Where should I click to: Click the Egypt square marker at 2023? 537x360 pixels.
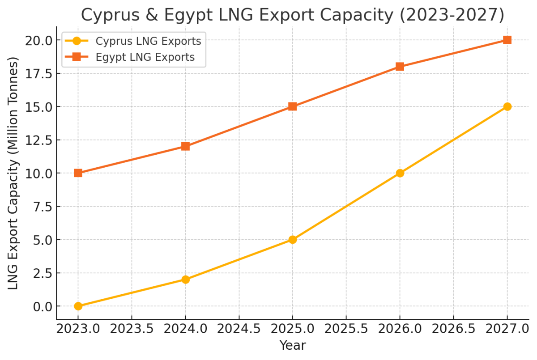(x=78, y=173)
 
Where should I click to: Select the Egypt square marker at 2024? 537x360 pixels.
(x=186, y=146)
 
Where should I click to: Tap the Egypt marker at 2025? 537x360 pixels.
(x=293, y=106)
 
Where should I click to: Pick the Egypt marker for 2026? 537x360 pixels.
(x=400, y=67)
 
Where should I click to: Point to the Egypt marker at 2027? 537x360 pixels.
(x=507, y=40)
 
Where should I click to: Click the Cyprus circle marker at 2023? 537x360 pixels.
(x=78, y=306)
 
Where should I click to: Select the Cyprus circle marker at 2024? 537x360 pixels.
(x=186, y=280)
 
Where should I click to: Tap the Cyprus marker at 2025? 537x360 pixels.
(x=293, y=240)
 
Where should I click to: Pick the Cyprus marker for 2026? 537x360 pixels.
(x=400, y=173)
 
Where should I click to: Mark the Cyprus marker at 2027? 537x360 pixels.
(x=507, y=106)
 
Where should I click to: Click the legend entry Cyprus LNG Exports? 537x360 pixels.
(x=148, y=41)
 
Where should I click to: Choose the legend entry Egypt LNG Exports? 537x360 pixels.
(x=145, y=57)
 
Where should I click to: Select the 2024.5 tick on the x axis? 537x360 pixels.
(x=239, y=330)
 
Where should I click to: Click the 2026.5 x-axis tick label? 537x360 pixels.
(x=453, y=330)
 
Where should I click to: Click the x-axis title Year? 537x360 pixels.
(x=293, y=346)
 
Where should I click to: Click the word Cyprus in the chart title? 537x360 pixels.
(x=112, y=15)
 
